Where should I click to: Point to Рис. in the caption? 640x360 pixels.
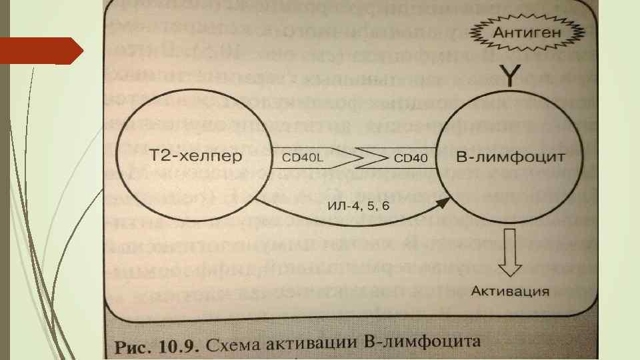pyautogui.click(x=133, y=346)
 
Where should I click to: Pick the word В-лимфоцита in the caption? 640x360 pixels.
pyautogui.click(x=423, y=344)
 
